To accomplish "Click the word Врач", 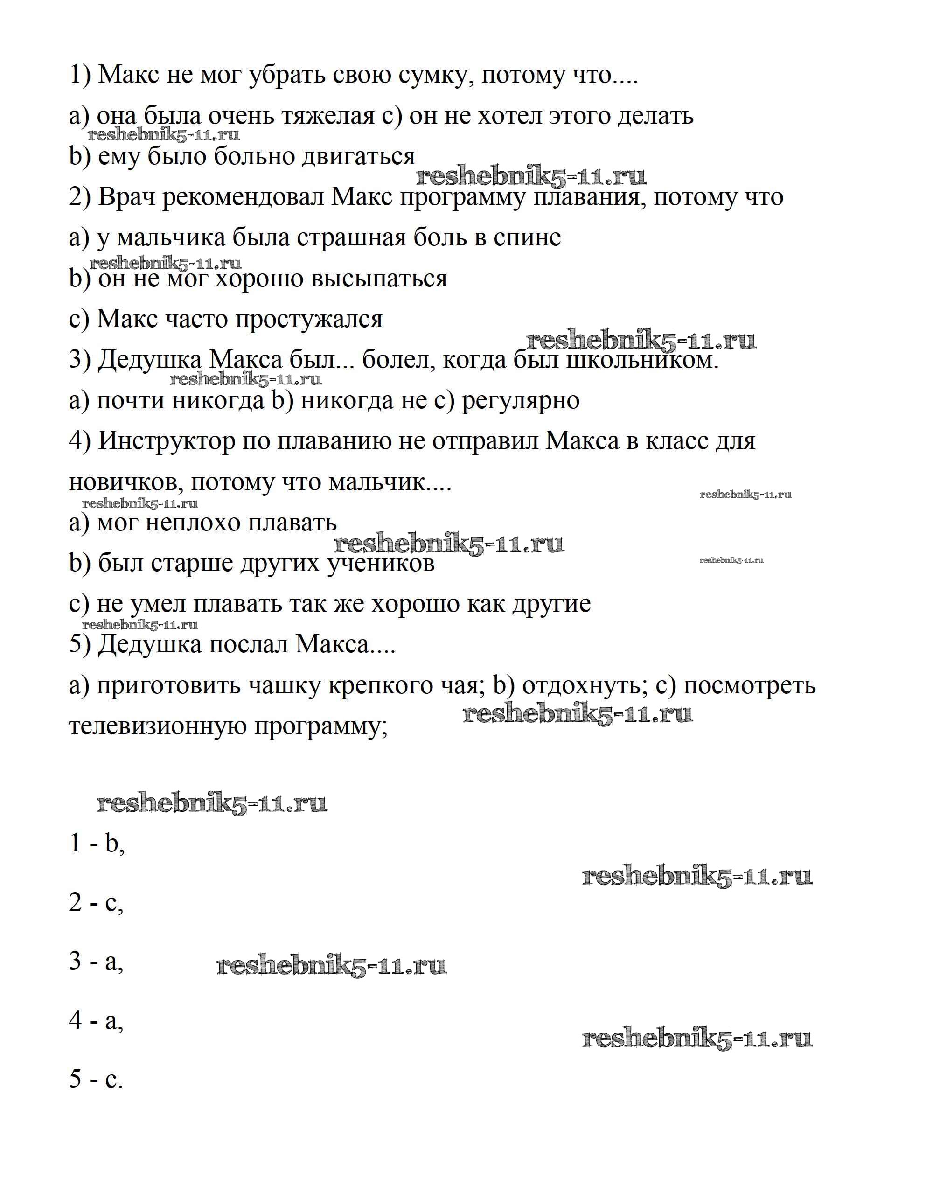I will pyautogui.click(x=128, y=197).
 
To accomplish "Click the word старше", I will pyautogui.click(x=185, y=563).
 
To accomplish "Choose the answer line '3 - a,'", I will pyautogui.click(x=96, y=961).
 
